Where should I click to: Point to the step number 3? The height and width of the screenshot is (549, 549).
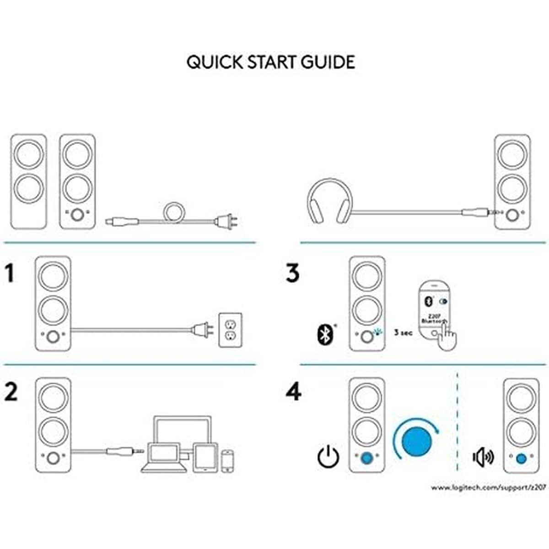tap(293, 273)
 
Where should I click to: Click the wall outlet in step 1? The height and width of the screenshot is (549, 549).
tap(230, 330)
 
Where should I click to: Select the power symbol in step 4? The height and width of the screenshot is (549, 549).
tap(328, 457)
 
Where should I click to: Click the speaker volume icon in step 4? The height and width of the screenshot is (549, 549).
tap(483, 457)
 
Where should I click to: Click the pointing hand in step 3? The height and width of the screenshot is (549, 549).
tap(447, 338)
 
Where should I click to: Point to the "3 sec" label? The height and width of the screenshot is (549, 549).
tap(403, 333)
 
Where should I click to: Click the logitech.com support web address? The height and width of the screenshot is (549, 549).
tap(489, 488)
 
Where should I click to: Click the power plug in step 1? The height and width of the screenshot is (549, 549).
tap(203, 329)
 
